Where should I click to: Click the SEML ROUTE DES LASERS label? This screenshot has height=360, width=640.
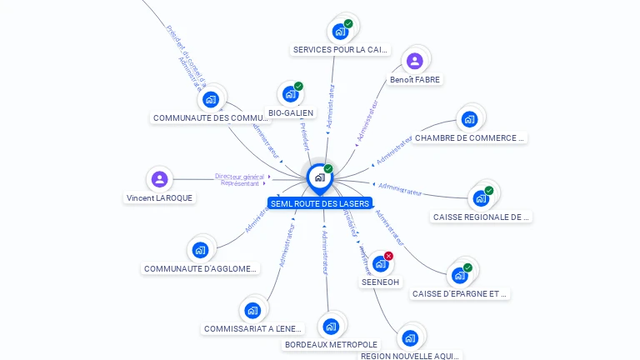[x=320, y=203]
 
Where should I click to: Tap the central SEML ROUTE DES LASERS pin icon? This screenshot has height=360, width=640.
[x=319, y=177]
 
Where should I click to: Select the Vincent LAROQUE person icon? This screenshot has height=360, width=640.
[x=159, y=179]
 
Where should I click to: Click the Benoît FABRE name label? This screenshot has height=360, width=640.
[x=415, y=80]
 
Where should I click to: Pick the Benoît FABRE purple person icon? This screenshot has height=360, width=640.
[x=415, y=61]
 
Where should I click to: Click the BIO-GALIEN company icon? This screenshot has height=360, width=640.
[x=289, y=94]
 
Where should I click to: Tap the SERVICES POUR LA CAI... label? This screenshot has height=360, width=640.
[x=340, y=50]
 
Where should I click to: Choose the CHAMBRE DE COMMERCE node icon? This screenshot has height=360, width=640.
[x=469, y=119]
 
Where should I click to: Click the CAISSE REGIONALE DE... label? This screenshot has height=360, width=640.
[x=482, y=217]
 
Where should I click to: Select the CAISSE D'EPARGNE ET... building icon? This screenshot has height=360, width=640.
[x=459, y=275]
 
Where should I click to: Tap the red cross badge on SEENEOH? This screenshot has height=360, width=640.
[x=388, y=256]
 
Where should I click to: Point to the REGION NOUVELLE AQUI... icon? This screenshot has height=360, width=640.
[x=409, y=338]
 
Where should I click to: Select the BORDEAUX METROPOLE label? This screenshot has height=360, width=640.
[x=331, y=344]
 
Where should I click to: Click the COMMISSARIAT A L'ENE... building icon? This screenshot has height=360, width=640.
[x=252, y=311]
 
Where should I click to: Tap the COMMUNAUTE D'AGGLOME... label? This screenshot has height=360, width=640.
[x=201, y=269]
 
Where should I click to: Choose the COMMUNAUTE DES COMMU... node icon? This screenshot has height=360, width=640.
[x=210, y=99]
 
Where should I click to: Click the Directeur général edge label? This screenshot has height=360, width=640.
[x=239, y=176]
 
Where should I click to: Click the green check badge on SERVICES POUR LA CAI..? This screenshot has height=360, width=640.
[x=348, y=23]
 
